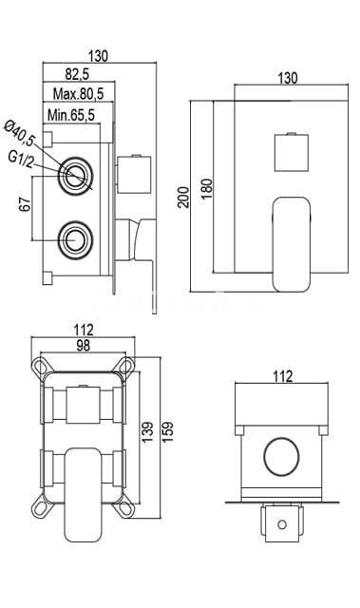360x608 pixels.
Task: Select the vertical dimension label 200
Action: pos(183,196)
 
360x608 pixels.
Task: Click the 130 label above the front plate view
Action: pos(284,80)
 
